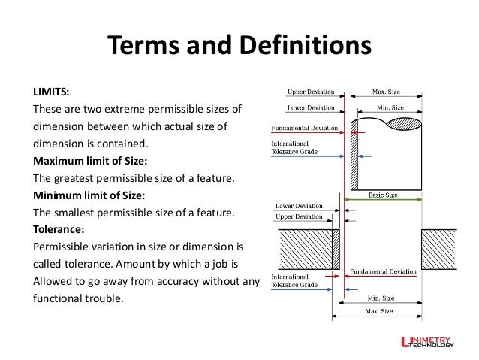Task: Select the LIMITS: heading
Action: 50,92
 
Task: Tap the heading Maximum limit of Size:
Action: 89,161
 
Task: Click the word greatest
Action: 77,178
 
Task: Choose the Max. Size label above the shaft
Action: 387,92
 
